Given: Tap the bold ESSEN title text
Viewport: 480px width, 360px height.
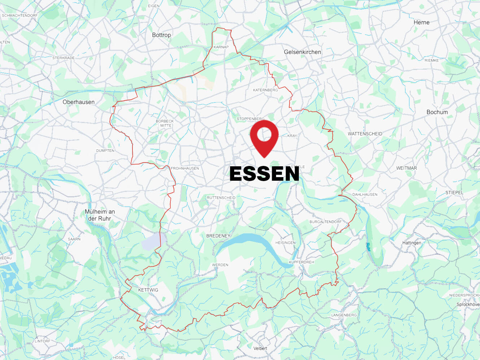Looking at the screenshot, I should (x=264, y=174).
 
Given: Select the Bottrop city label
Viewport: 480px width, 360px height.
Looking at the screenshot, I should (x=161, y=35).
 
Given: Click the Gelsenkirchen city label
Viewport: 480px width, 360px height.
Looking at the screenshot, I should (x=302, y=52).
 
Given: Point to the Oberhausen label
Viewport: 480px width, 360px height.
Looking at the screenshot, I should (x=78, y=102).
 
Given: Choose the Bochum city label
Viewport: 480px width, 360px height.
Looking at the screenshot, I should (x=437, y=112).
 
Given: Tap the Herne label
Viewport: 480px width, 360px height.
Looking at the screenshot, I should (x=422, y=22).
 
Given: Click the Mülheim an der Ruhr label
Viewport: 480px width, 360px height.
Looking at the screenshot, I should (x=100, y=215).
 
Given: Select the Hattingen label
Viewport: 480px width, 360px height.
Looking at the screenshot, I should (x=412, y=243).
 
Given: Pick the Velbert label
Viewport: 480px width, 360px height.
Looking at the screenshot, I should (x=260, y=348).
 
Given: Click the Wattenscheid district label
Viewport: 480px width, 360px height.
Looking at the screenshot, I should (x=365, y=134).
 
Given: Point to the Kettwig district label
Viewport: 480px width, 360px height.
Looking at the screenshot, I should (x=148, y=290).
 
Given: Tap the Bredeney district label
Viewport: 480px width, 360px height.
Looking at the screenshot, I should (x=218, y=236).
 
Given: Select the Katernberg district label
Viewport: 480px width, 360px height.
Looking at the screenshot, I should (x=265, y=90).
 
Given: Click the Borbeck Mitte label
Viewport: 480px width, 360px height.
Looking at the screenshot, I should (x=165, y=123).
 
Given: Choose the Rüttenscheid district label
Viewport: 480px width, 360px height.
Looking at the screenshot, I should (x=221, y=198).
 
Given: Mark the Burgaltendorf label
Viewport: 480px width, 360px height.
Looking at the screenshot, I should (x=325, y=222).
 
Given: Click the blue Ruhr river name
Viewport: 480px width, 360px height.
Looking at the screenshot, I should (x=368, y=247).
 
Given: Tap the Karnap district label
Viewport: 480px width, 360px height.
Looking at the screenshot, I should (x=221, y=47).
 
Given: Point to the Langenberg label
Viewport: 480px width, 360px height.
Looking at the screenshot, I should (x=344, y=315).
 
